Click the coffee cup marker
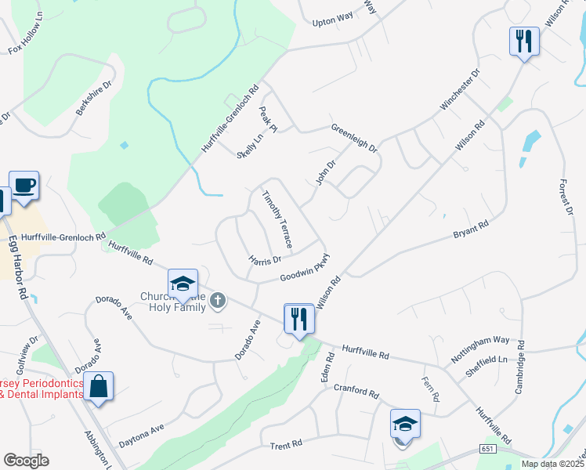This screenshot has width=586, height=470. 24,186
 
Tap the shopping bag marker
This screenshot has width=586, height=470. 98,386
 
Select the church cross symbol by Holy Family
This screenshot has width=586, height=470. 219,299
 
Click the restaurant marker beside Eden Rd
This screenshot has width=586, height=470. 299,318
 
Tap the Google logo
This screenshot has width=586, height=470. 26,461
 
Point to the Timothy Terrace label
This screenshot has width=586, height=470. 277,220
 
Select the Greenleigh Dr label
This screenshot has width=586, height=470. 354,138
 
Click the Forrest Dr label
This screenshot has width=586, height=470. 566,193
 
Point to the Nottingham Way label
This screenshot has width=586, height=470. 480,350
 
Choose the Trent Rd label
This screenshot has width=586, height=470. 286,446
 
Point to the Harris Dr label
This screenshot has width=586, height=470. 264,258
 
